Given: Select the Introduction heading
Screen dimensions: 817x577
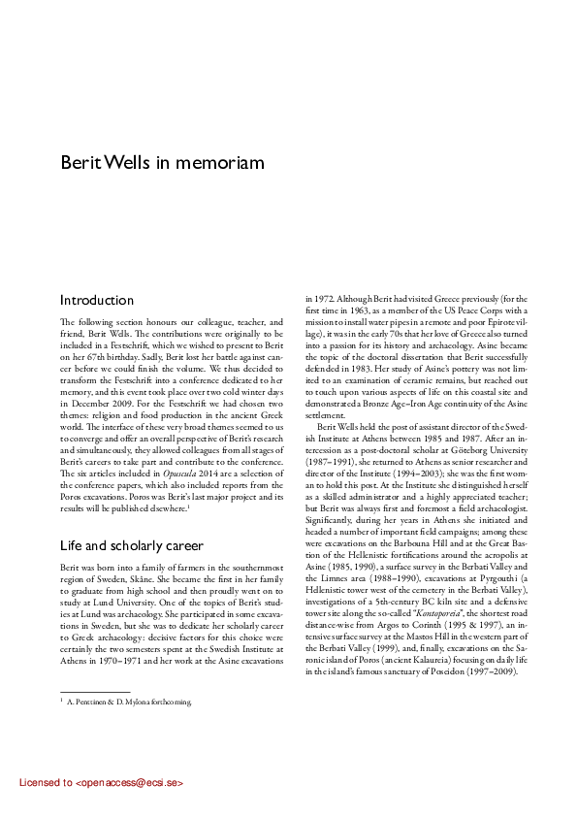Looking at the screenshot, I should [x=97, y=301].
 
